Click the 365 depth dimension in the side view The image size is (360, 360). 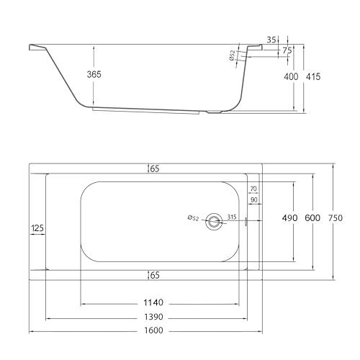coord(94,74)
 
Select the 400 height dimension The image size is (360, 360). coord(291,76)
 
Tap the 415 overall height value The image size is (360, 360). coord(313,76)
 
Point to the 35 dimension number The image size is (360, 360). coord(271,40)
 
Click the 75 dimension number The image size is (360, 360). coord(287,50)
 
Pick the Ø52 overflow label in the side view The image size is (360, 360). coord(232,55)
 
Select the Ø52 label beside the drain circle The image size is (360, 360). coord(194,218)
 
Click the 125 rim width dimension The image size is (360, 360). coord(37,228)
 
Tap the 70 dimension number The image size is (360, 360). coord(253,189)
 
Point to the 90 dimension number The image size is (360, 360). coord(253,199)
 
